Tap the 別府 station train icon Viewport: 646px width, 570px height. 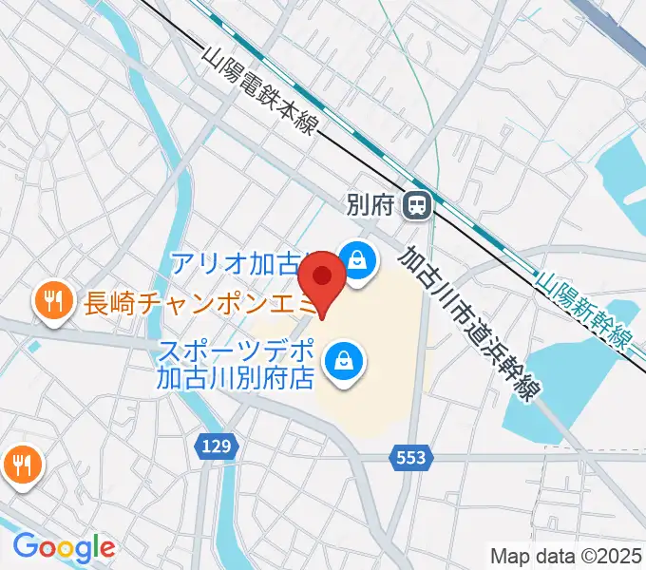point(416,204)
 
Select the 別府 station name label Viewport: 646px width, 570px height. point(370,204)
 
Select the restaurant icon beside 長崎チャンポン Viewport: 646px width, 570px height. point(51,303)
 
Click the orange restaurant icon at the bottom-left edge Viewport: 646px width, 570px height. point(20,465)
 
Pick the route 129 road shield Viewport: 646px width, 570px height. point(214,445)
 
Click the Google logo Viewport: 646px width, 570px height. point(65,547)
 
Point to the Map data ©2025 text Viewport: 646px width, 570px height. point(565,555)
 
